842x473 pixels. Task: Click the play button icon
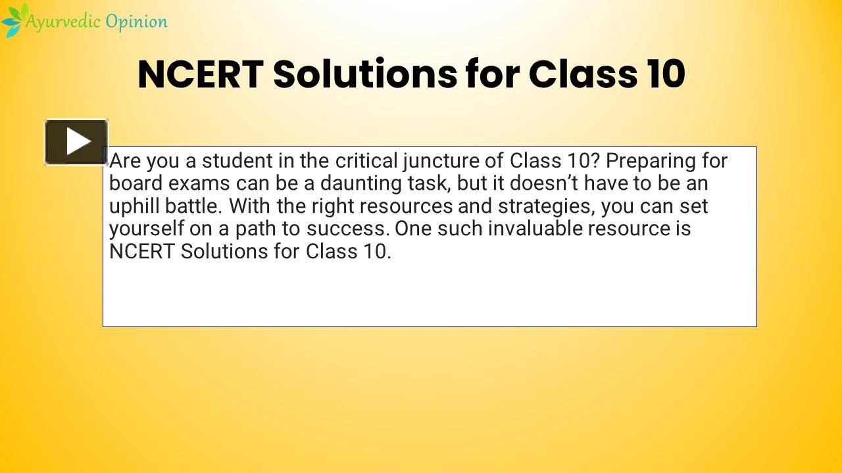(76, 141)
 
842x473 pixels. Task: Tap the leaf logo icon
(12, 20)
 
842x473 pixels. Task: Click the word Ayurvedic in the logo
(63, 22)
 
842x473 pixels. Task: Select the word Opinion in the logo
(136, 22)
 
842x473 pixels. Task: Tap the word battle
(193, 206)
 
